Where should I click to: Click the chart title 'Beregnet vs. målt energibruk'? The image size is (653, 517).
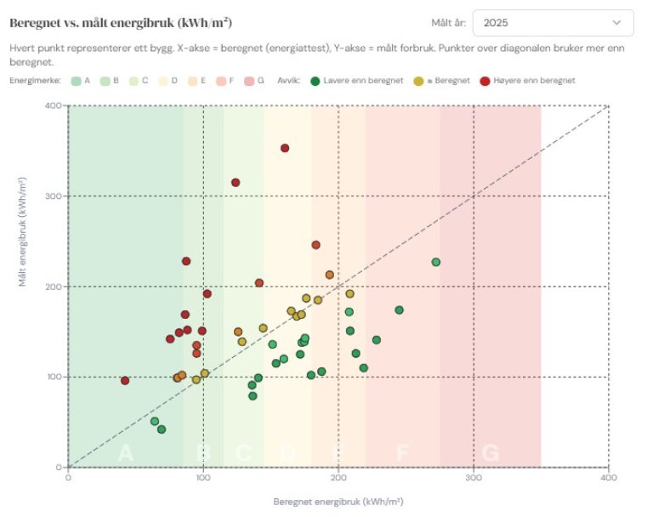[121, 21]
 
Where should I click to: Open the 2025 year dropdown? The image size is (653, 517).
[553, 23]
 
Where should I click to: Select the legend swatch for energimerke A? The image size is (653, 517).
[76, 81]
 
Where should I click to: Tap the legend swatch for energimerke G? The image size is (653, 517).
[252, 81]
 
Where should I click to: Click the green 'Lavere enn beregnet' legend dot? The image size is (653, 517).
[315, 81]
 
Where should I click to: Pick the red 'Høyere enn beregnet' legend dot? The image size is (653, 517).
[485, 81]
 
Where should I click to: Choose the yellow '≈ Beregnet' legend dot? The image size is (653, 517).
[417, 81]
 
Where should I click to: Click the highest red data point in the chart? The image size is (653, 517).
[285, 148]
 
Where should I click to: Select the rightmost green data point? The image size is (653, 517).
[436, 262]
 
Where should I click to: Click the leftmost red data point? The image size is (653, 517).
[125, 380]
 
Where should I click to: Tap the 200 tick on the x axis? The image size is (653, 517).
[338, 478]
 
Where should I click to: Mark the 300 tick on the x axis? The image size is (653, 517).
[474, 478]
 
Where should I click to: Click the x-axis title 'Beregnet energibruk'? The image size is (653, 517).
[338, 501]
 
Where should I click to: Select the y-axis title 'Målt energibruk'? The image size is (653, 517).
[26, 287]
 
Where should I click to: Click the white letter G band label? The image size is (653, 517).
[491, 453]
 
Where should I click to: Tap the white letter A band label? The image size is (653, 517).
[126, 453]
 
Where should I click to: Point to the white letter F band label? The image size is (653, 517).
[402, 453]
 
